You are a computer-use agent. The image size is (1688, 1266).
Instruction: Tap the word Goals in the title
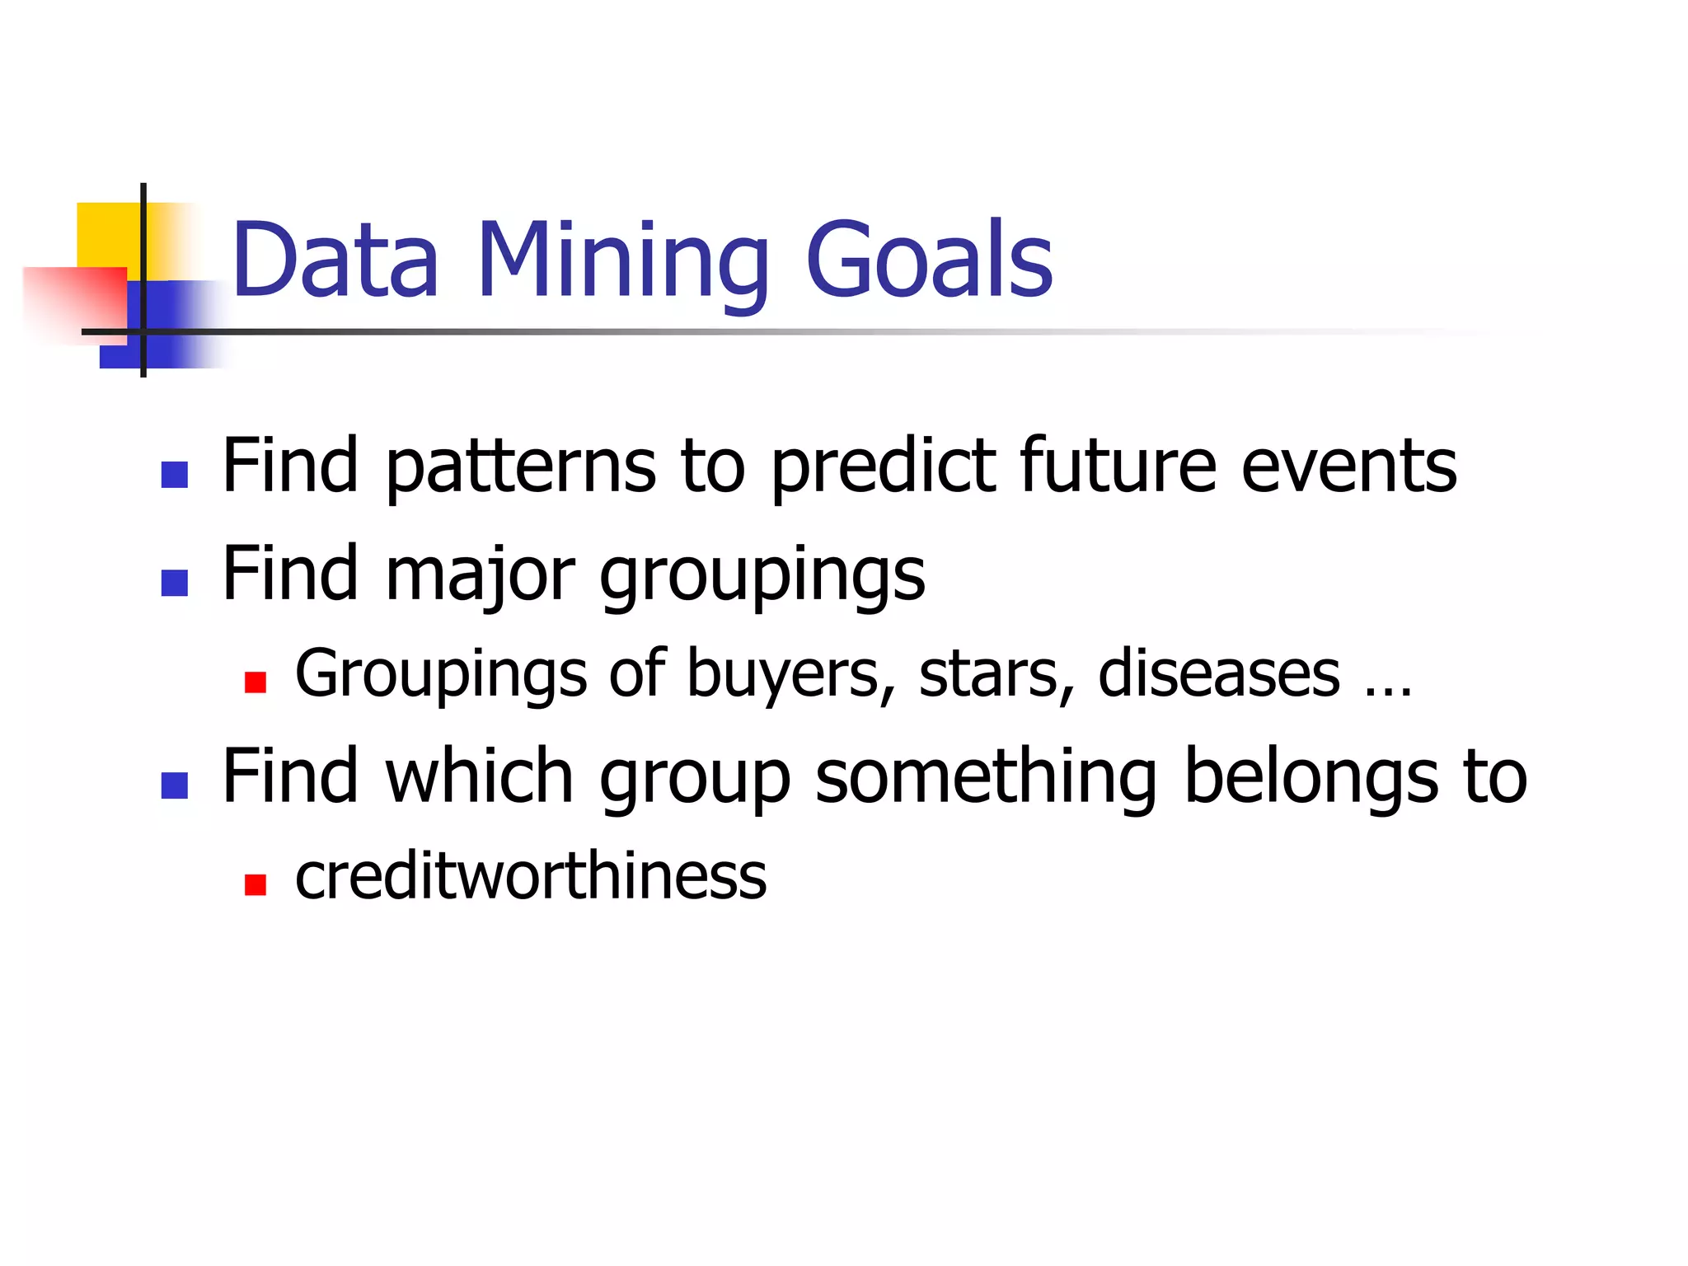[x=929, y=260]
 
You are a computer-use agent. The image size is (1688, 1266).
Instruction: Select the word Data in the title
[x=335, y=260]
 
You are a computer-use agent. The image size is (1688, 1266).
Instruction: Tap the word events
[x=1348, y=467]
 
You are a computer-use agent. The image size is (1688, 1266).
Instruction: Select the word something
[x=986, y=778]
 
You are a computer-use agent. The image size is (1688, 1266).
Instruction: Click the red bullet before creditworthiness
[x=256, y=884]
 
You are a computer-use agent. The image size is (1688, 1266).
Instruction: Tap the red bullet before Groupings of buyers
[x=256, y=682]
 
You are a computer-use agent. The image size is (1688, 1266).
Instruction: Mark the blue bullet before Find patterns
[x=175, y=475]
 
